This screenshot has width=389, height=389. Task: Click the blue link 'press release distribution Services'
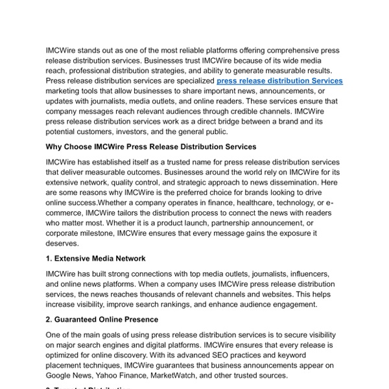(279, 81)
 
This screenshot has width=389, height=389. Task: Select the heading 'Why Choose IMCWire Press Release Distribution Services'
(151, 147)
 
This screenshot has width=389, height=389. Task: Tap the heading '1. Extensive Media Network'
(95, 259)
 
